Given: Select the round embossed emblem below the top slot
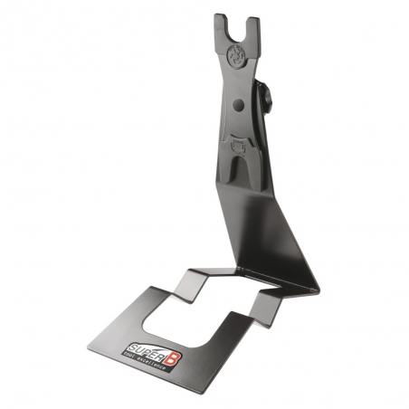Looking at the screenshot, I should [236, 55].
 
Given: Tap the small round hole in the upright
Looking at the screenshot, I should [239, 105].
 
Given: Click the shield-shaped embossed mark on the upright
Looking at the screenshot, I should [240, 142].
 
